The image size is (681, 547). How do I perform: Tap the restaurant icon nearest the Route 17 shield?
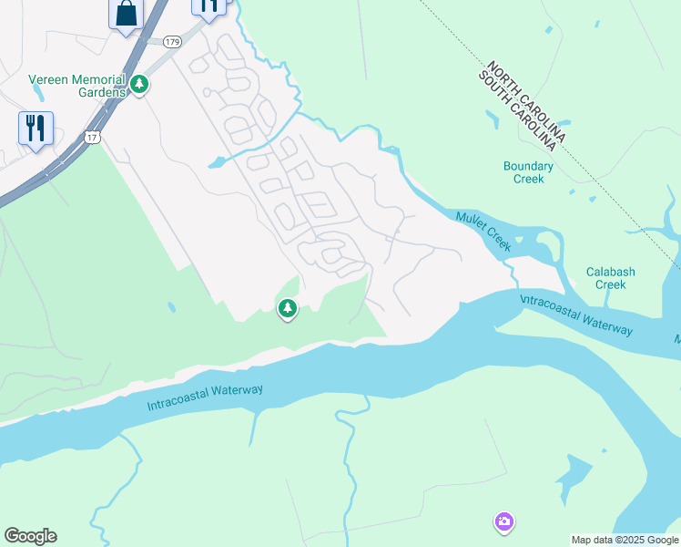click(x=36, y=128)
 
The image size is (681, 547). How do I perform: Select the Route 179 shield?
click(x=172, y=42)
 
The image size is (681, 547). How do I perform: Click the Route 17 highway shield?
click(x=92, y=137)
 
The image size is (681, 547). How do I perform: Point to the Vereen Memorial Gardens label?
click(x=76, y=86)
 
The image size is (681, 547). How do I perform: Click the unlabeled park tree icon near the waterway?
click(x=288, y=309)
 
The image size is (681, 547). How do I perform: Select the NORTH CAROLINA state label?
click(x=526, y=101)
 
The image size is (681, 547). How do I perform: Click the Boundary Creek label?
click(x=528, y=172)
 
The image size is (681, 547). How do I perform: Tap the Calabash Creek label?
click(x=611, y=278)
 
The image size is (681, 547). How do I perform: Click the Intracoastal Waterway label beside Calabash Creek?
click(x=575, y=314)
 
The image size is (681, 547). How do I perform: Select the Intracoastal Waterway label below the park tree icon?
click(x=205, y=397)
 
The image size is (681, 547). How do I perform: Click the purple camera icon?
click(x=503, y=522)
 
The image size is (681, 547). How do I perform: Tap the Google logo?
click(x=30, y=536)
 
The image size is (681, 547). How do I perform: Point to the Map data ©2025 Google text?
click(x=625, y=540)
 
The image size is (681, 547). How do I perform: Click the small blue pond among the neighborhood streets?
click(x=218, y=163)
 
